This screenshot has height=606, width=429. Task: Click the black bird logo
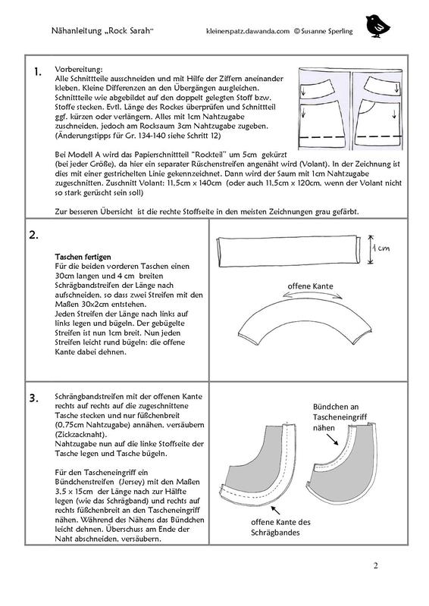click(377, 27)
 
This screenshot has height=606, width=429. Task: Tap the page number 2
click(376, 565)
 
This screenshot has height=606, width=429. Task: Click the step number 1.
click(38, 71)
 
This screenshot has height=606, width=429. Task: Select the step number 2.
click(33, 235)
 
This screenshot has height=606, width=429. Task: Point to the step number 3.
click(34, 398)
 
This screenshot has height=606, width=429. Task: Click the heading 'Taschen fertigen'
click(83, 257)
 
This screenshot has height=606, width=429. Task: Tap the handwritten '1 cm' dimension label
click(380, 248)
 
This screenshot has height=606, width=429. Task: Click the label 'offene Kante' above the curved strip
click(310, 286)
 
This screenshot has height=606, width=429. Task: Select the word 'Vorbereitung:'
click(79, 70)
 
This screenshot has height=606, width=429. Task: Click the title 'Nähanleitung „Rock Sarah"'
click(100, 30)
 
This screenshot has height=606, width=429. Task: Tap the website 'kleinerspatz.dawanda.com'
click(248, 31)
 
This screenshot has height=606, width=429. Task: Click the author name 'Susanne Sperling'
click(327, 31)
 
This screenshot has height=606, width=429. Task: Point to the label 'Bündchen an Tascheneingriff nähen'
click(340, 417)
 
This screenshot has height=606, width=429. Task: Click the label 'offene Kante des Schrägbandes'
click(280, 527)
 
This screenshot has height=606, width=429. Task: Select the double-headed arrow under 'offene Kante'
click(312, 295)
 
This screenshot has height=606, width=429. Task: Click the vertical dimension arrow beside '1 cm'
click(371, 249)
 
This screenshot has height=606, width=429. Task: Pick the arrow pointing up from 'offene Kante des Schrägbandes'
click(275, 510)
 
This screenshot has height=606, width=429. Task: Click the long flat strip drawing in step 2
click(289, 251)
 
